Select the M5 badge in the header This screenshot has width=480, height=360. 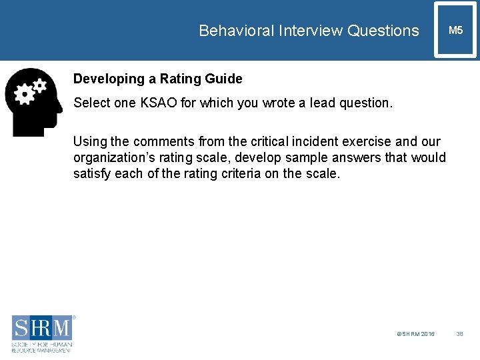[455, 31]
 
